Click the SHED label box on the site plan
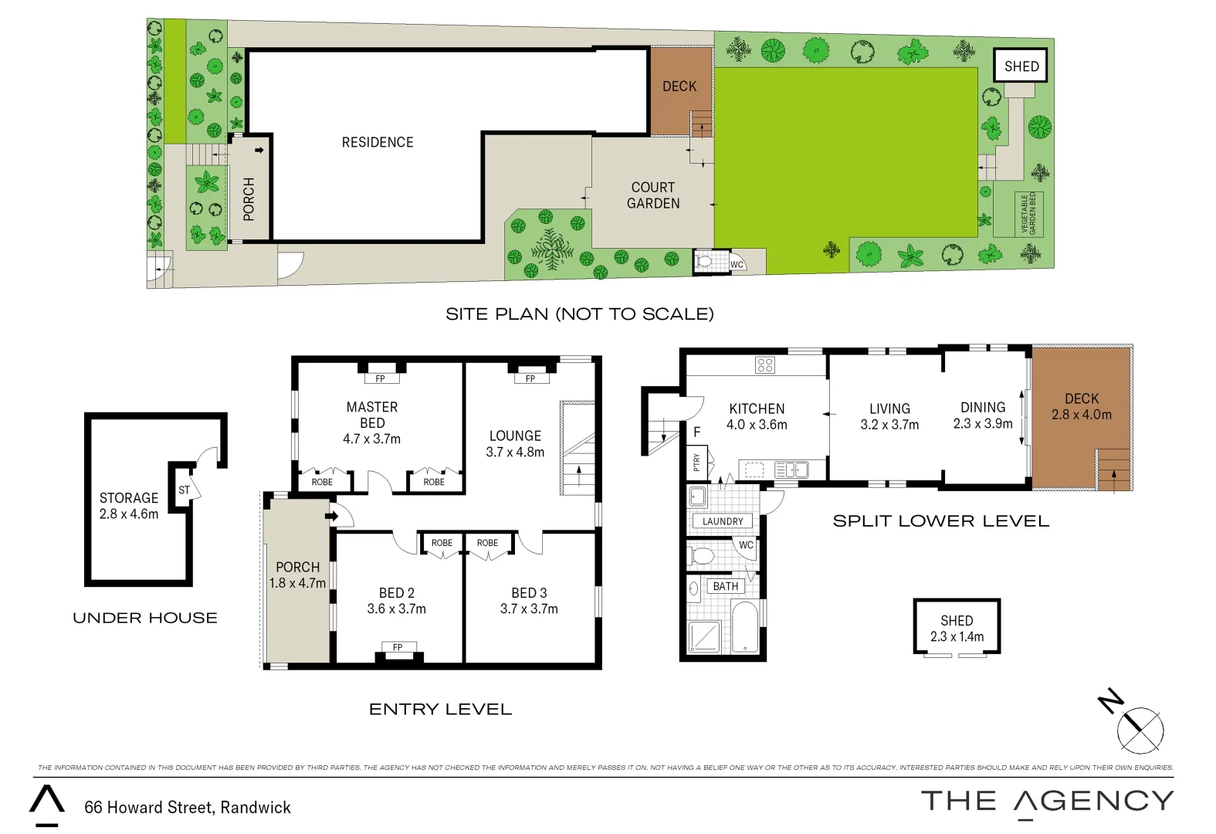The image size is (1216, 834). click(x=1021, y=66)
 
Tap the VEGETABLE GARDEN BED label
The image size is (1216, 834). click(x=1028, y=214)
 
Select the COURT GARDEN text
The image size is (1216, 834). click(x=653, y=195)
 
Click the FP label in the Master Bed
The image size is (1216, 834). click(x=380, y=378)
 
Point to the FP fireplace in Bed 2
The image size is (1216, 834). click(x=398, y=647)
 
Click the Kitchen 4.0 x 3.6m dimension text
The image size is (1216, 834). click(x=757, y=425)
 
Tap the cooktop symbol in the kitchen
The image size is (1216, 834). click(x=765, y=365)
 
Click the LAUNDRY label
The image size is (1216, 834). click(x=723, y=521)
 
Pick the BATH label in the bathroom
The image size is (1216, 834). click(x=725, y=586)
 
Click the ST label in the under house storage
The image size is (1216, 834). click(x=184, y=490)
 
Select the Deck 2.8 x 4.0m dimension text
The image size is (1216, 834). click(x=1081, y=415)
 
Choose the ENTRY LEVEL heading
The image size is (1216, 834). click(x=440, y=709)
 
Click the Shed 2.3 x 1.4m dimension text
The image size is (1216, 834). click(x=957, y=637)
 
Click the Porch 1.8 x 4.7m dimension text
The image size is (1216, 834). click(x=297, y=583)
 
